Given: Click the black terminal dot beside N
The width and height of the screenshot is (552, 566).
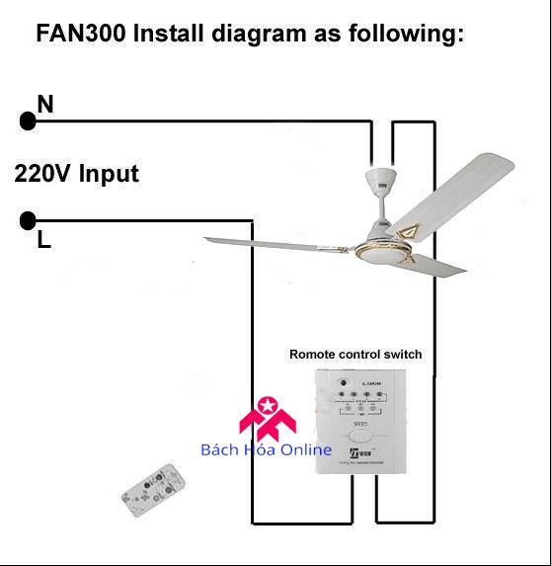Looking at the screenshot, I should (x=28, y=121).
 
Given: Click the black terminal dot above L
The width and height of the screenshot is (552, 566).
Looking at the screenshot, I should (x=28, y=220).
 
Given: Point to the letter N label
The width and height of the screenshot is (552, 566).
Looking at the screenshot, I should (x=44, y=103).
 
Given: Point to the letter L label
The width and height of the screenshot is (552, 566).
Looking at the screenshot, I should (x=43, y=240).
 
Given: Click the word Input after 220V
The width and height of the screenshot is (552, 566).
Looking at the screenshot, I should (x=109, y=175).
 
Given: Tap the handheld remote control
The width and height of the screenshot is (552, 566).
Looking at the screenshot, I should (x=153, y=491).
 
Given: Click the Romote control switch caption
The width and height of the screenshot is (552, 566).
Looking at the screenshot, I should (x=355, y=354).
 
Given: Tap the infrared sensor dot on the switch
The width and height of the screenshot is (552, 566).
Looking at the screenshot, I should (x=344, y=383).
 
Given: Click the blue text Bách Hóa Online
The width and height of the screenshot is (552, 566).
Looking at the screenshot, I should (x=267, y=450).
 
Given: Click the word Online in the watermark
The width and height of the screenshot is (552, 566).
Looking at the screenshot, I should (x=306, y=450).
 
